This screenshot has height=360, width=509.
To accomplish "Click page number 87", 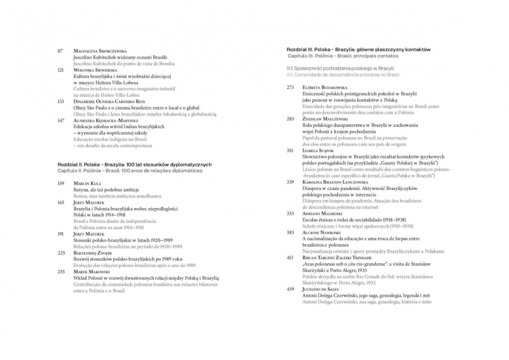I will pos(60,51).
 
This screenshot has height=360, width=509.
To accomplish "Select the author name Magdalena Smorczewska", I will pos(100,51).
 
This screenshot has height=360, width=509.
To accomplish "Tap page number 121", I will pos(61,70).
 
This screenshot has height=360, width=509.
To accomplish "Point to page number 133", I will pos(61,101).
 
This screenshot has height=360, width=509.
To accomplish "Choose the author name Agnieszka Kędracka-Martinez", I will pos(106,120).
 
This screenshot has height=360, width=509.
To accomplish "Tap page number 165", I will pos(61,202).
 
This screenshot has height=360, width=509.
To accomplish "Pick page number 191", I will pos(61,234).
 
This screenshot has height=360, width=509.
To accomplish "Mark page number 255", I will pos(61,272).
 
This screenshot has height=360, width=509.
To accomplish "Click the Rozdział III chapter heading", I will pos(358,49).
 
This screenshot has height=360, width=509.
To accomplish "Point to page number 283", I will pos(290,119).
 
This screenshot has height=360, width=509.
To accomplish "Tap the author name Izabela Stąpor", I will pos(318,151).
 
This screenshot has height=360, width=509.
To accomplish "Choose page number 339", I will pos(290,182).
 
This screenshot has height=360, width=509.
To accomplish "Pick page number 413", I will pos(290,258).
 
